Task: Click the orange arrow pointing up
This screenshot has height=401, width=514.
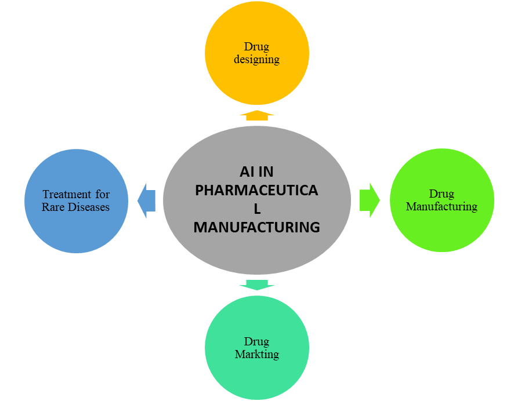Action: click(257, 115)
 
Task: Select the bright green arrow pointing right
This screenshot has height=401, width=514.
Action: click(370, 200)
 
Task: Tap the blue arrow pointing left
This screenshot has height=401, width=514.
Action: click(146, 200)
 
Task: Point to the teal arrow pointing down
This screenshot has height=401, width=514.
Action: click(257, 284)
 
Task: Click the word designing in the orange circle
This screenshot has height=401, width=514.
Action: click(257, 59)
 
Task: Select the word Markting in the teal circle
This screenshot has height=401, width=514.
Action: click(257, 353)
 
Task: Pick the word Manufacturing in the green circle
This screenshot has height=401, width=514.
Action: click(441, 206)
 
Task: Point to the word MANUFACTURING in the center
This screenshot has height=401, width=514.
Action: click(256, 227)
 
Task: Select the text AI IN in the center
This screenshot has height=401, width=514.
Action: click(256, 172)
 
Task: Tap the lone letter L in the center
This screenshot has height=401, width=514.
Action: click(256, 209)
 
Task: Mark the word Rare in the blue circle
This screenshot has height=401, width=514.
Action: click(53, 206)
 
